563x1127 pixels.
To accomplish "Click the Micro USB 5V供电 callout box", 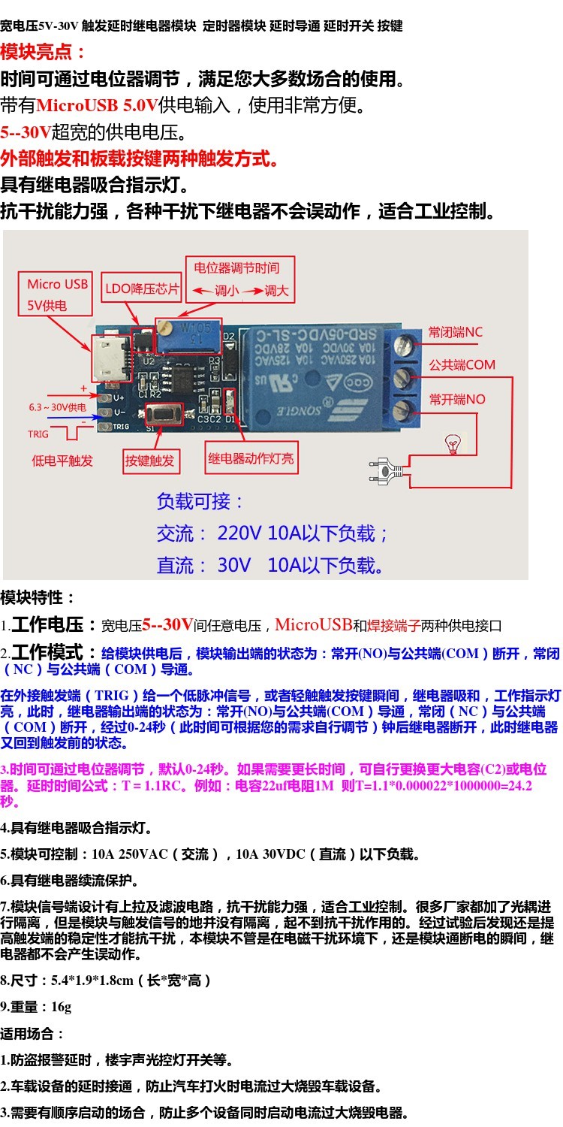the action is [56, 294].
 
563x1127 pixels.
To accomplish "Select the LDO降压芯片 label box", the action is [141, 288].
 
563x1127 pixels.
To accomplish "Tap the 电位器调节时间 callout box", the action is [240, 279].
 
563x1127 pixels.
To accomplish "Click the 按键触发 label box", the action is [152, 461].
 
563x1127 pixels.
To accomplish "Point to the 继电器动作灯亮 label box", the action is [251, 458].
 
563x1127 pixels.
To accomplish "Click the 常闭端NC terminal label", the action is [455, 332].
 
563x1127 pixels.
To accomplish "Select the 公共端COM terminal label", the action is [462, 364].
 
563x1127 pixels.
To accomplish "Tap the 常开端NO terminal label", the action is [457, 400].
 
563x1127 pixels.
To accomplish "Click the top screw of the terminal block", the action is [402, 345].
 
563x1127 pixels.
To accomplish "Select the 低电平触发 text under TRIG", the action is [62, 461].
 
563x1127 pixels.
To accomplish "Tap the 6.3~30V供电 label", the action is [57, 407].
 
